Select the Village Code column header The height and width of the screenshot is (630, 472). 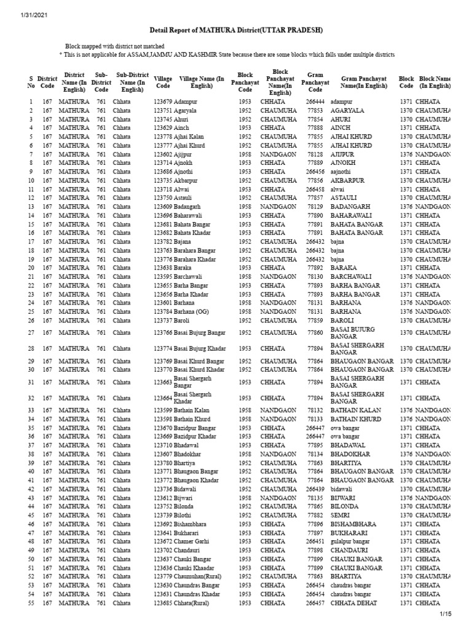(163, 82)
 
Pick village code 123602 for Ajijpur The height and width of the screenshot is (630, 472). (163, 154)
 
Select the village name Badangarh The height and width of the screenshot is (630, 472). (192, 207)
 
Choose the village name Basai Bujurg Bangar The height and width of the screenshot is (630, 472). (200, 333)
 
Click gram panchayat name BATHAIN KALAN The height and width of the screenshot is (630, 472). (358, 410)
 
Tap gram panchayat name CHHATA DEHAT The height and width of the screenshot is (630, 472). (356, 603)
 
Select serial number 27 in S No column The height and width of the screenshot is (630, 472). (30, 333)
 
